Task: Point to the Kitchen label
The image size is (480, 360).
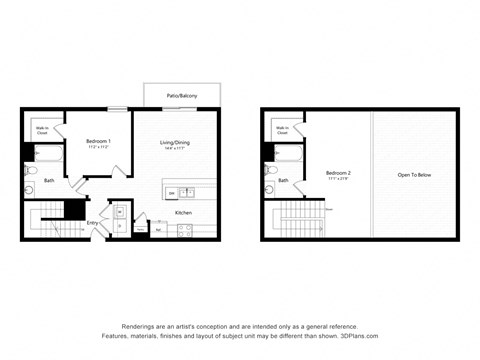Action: (x=184, y=212)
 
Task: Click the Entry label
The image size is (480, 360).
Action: (x=92, y=223)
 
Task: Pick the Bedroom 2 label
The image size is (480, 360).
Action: (x=337, y=174)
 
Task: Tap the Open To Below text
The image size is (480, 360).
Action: (x=414, y=174)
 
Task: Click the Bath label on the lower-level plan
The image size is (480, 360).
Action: (x=49, y=180)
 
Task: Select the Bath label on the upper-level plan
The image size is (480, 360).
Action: (x=283, y=180)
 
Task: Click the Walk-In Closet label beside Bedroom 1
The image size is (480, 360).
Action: (x=44, y=129)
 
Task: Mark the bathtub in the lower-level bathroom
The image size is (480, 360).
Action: (x=48, y=154)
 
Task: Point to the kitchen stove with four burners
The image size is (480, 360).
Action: (x=185, y=230)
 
